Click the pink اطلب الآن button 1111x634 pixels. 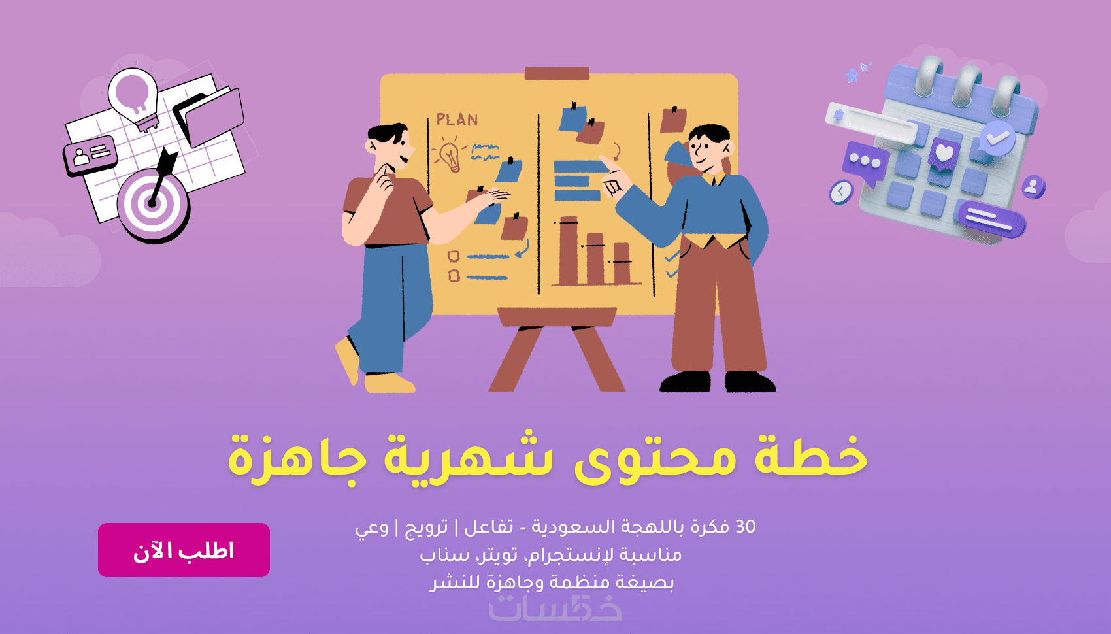point(184,550)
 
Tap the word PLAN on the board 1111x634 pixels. point(457,120)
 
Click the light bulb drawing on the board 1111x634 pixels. point(450,156)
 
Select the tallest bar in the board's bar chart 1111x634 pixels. point(569,250)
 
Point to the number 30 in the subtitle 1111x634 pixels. point(746,526)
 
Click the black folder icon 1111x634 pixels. point(208,116)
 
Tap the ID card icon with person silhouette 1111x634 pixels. point(90,156)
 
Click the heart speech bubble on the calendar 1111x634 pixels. point(944,153)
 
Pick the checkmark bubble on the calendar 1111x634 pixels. point(997,137)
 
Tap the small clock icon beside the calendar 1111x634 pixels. point(840,192)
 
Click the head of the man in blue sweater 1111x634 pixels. point(709,147)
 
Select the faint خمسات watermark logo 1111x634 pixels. point(555,609)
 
